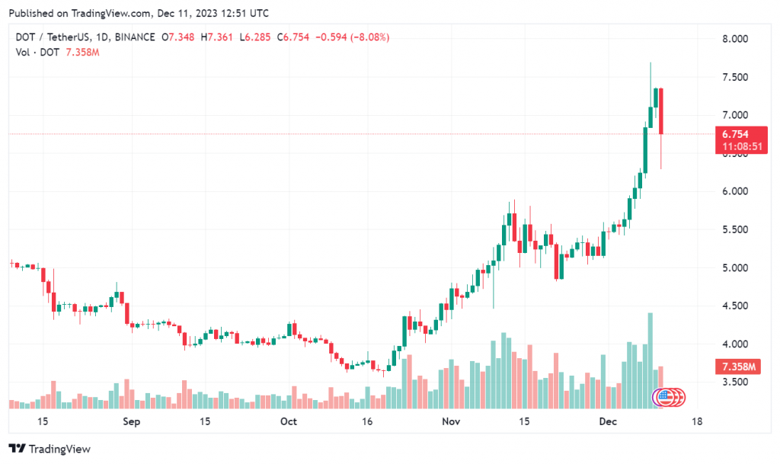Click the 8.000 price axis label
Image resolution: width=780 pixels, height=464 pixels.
735,39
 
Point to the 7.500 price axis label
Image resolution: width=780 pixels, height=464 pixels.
735,77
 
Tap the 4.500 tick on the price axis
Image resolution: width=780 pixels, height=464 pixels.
735,306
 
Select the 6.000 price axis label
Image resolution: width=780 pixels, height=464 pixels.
735,191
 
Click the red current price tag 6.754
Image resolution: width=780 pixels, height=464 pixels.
735,134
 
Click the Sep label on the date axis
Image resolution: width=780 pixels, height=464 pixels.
131,421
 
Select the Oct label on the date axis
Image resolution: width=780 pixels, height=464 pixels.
288,421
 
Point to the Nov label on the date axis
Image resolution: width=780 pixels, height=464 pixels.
452,421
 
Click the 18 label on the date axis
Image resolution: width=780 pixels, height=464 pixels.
695,421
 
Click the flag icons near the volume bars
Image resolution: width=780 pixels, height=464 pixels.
670,396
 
